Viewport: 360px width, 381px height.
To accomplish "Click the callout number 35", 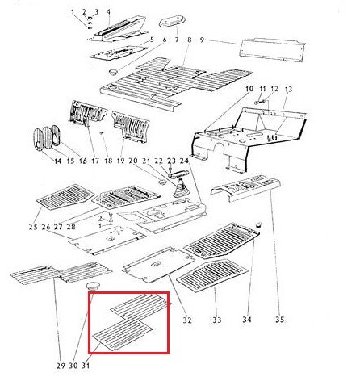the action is (279, 320).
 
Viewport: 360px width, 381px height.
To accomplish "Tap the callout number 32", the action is (187, 320).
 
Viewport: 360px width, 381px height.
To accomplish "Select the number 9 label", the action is (202, 40).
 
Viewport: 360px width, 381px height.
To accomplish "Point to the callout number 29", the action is (61, 366).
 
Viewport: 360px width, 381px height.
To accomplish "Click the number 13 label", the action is (288, 89).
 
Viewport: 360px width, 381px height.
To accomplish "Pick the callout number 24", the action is (184, 161).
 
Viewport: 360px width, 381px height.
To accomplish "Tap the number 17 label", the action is (95, 161).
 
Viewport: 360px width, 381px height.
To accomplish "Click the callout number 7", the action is (177, 40).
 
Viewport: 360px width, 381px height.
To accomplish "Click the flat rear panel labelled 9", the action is (273, 50).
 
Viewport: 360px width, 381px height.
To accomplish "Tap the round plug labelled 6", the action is (113, 72).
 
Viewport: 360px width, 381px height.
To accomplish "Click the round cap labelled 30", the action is (93, 286).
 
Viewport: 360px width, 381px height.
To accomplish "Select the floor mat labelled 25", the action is (65, 197).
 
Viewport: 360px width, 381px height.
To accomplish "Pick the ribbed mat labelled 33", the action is (212, 274).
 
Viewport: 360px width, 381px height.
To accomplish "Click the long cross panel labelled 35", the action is (245, 187).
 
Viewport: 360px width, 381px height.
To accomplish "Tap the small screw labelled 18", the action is (102, 132).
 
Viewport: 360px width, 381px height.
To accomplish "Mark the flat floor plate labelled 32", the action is (159, 264).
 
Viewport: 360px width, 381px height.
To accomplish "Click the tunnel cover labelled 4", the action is (119, 29).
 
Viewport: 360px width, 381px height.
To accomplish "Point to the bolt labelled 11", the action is (260, 102).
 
